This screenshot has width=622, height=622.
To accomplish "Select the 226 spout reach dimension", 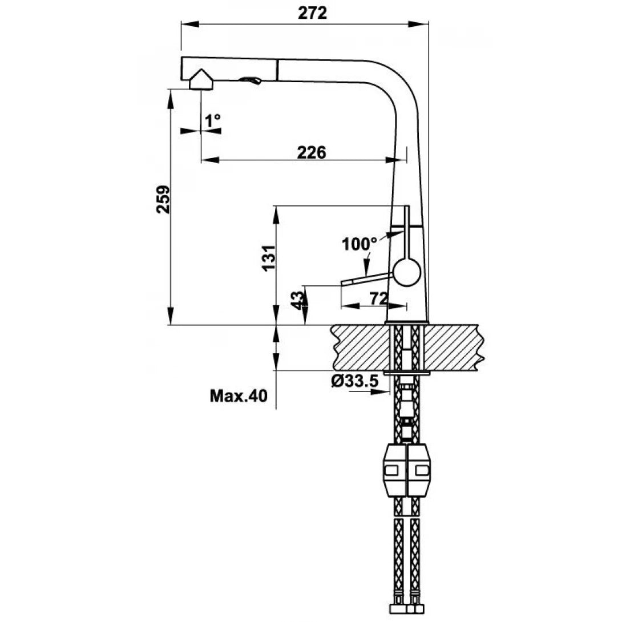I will pyautogui.click(x=311, y=152).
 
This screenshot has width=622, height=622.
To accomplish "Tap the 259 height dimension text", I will pyautogui.click(x=164, y=199).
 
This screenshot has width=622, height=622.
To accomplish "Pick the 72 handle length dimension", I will pyautogui.click(x=378, y=298).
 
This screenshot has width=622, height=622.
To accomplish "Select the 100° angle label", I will pyautogui.click(x=360, y=244).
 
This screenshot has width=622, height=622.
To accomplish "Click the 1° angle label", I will pyautogui.click(x=212, y=120).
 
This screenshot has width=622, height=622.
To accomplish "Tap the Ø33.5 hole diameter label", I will pyautogui.click(x=354, y=381).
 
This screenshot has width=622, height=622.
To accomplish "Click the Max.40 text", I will pyautogui.click(x=238, y=396).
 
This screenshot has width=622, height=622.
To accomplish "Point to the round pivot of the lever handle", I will pyautogui.click(x=407, y=272).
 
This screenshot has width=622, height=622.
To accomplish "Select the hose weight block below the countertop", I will pyautogui.click(x=407, y=470).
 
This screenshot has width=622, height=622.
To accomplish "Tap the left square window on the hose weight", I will pyautogui.click(x=393, y=470).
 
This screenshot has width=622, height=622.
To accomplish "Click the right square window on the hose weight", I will pyautogui.click(x=422, y=470).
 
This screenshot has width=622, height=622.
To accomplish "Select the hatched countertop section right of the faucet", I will pyautogui.click(x=454, y=347).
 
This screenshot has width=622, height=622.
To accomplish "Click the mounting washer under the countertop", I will pyautogui.click(x=407, y=373).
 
